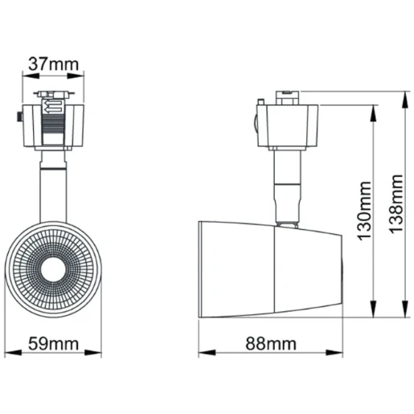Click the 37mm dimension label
(x=54, y=62)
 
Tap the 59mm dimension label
(x=54, y=343)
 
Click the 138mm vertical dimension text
(x=396, y=205)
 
